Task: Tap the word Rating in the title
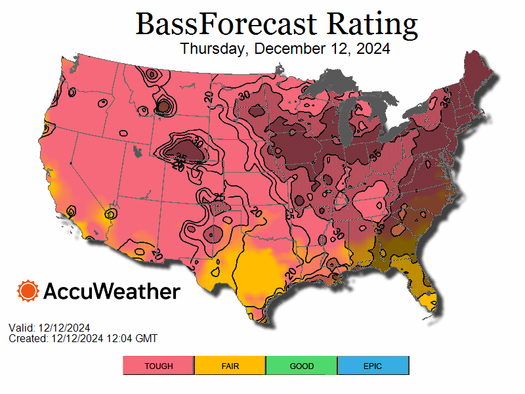point(372,24)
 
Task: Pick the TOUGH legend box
point(159,366)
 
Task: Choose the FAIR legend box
point(230,366)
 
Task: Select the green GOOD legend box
point(302,366)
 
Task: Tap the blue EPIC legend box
point(373,366)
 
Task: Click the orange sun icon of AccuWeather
point(28,291)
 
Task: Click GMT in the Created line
point(146,338)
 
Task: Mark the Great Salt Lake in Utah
point(137,152)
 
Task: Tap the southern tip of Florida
point(430,303)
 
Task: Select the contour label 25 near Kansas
point(220,198)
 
